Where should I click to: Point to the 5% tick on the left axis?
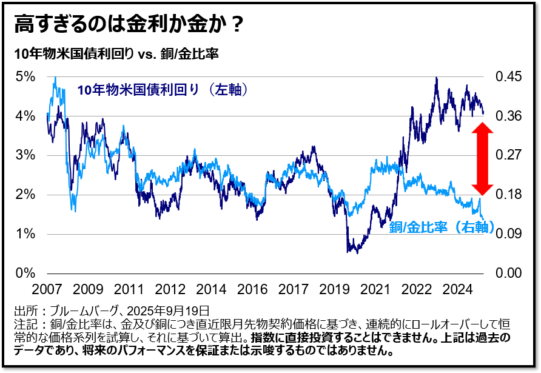point(25,76)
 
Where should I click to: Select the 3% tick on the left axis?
point(25,155)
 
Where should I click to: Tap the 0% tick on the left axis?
point(25,273)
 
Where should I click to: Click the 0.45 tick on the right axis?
point(508,76)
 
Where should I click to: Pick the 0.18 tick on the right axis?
point(508,195)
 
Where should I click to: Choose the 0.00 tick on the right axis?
point(508,273)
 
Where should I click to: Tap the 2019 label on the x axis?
point(335,288)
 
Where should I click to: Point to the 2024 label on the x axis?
point(459,288)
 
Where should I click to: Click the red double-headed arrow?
point(483,158)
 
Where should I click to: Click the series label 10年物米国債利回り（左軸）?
point(163,90)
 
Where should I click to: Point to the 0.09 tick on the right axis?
point(508,234)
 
